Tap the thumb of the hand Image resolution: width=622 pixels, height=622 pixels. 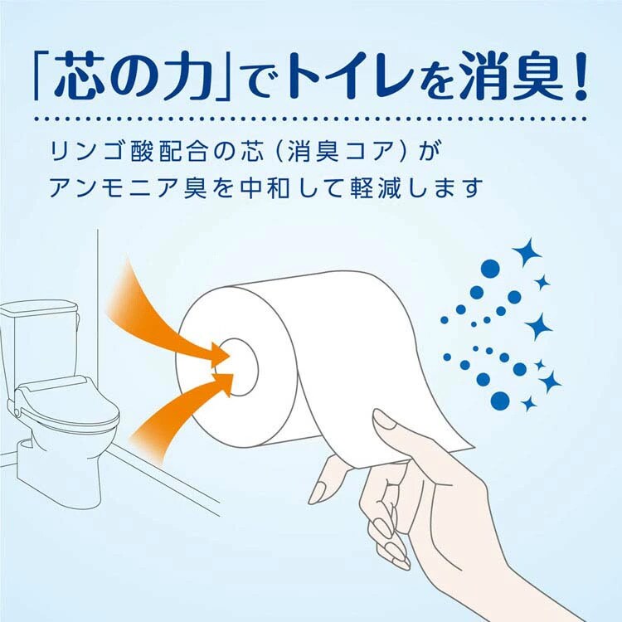[x=391, y=423]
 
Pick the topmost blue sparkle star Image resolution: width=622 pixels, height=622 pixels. [x=524, y=252]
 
